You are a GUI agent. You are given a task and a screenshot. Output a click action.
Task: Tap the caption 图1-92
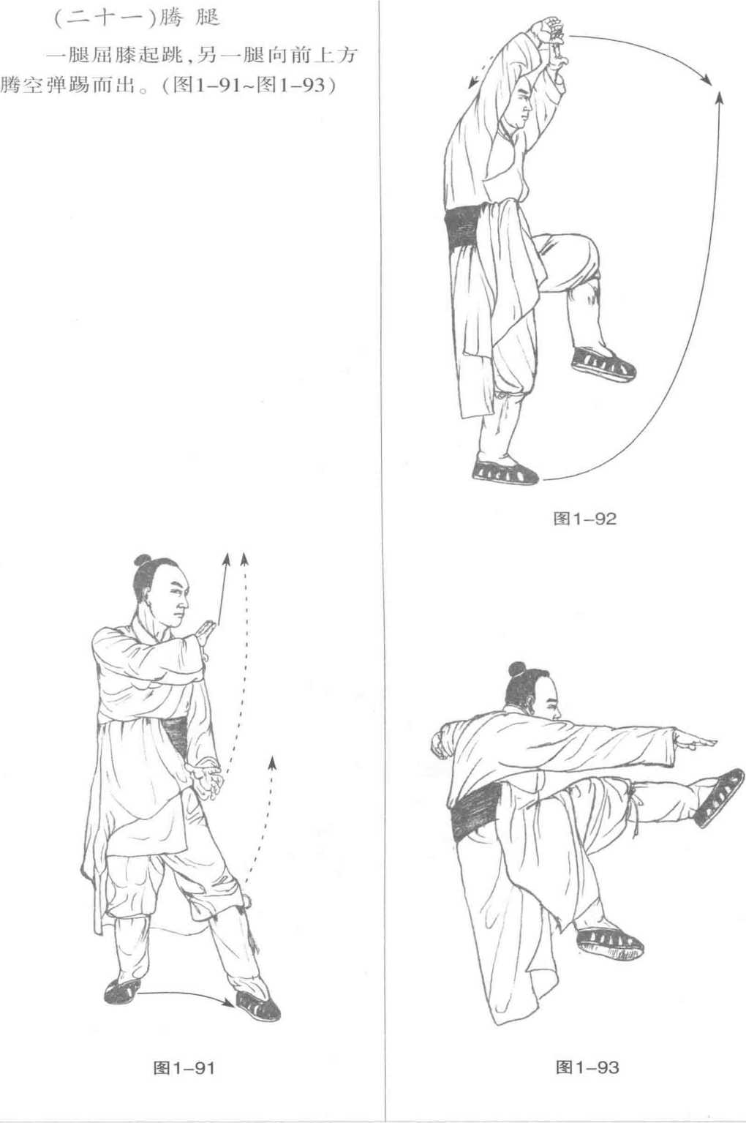click(584, 519)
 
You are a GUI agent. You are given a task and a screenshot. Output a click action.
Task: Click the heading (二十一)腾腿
click(136, 18)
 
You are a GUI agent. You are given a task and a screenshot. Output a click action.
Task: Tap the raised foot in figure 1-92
click(603, 362)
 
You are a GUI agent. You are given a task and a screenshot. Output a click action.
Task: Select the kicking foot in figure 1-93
click(719, 798)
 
